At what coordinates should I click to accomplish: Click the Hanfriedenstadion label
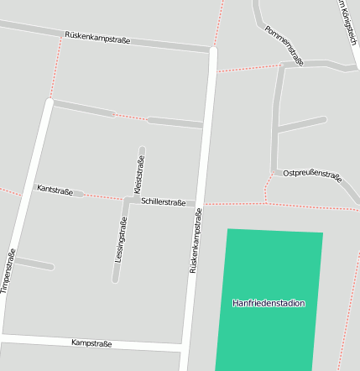pyautogui.click(x=269, y=303)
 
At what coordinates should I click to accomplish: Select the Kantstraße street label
pyautogui.click(x=55, y=190)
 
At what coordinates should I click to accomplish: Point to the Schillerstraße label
pyautogui.click(x=164, y=201)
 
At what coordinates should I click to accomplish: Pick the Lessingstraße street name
pyautogui.click(x=121, y=239)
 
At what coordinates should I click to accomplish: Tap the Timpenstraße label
pyautogui.click(x=9, y=271)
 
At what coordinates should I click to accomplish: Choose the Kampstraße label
pyautogui.click(x=91, y=342)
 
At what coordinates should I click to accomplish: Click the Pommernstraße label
pyautogui.click(x=284, y=44)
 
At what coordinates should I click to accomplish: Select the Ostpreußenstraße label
pyautogui.click(x=312, y=175)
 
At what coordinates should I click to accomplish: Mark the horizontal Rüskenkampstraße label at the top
pyautogui.click(x=97, y=38)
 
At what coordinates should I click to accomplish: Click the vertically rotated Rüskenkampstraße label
pyautogui.click(x=196, y=242)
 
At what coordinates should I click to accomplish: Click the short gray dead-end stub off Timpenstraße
pyautogui.click(x=34, y=264)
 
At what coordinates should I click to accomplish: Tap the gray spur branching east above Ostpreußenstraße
pyautogui.click(x=300, y=124)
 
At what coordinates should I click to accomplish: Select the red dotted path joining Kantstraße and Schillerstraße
pyautogui.click(x=103, y=196)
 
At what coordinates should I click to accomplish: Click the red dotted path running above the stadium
pyautogui.click(x=235, y=203)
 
